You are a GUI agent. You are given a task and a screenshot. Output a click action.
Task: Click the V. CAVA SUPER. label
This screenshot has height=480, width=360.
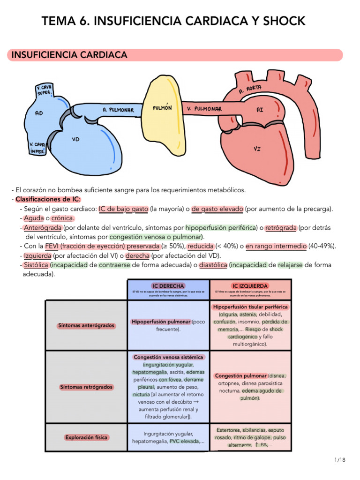44,90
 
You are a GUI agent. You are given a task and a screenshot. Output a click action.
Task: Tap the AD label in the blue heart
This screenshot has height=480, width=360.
39,113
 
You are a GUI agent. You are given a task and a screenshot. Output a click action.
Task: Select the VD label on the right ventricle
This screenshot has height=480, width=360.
75,139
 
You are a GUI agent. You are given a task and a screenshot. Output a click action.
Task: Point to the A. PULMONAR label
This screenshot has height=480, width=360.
118,110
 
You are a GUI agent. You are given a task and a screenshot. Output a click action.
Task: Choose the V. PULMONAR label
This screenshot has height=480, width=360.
204,109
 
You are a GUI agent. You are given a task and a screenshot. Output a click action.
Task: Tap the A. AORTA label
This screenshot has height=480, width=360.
250,89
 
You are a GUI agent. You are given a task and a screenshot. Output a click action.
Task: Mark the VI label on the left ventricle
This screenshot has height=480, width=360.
257,149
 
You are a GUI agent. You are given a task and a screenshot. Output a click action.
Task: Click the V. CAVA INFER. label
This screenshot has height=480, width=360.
37,148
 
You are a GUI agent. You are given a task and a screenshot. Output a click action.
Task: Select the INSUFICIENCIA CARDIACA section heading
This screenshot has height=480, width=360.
69,55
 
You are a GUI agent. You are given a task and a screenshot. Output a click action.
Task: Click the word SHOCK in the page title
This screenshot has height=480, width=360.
284,21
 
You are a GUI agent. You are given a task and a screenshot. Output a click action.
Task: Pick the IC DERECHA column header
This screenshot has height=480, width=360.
168,286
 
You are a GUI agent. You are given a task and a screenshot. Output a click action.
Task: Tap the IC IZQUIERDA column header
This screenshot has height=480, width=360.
250,286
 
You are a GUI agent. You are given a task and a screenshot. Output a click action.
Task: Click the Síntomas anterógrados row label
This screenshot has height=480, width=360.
86,326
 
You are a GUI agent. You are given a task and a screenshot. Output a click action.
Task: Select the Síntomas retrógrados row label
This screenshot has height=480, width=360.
86,387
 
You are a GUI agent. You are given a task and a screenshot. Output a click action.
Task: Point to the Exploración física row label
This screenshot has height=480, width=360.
86,437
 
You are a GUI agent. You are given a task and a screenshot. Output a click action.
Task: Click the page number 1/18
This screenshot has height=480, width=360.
340,460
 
